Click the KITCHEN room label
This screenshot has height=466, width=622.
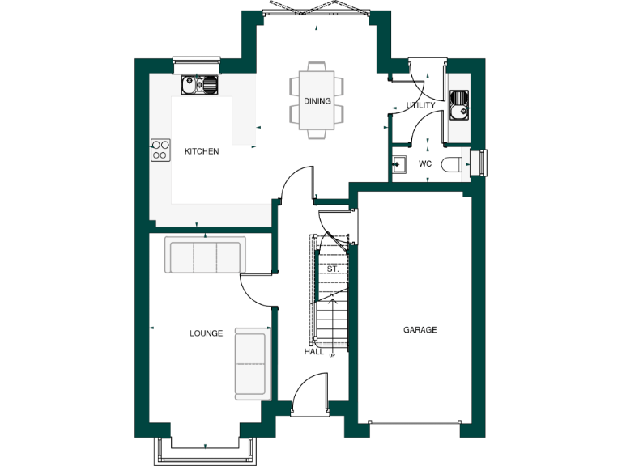[x=202, y=151]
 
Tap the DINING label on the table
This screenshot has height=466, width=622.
[x=317, y=101]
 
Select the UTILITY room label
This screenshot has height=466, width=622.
[x=420, y=105]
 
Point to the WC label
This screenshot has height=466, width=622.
[x=425, y=164]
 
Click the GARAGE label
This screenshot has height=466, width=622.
[x=420, y=330]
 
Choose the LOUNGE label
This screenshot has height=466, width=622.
[x=206, y=333]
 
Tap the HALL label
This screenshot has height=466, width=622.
[x=313, y=352]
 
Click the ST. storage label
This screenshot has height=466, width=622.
[x=332, y=269]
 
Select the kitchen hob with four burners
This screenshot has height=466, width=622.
[x=160, y=150]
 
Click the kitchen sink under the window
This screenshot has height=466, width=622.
[x=200, y=83]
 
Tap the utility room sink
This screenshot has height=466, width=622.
[x=459, y=104]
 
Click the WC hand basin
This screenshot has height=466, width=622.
[x=398, y=164]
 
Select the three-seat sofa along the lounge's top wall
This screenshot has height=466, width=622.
[x=205, y=256]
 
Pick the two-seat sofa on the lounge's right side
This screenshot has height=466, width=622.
[x=251, y=363]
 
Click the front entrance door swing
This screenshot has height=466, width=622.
[x=309, y=396]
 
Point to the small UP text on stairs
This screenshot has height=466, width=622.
[x=332, y=354]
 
